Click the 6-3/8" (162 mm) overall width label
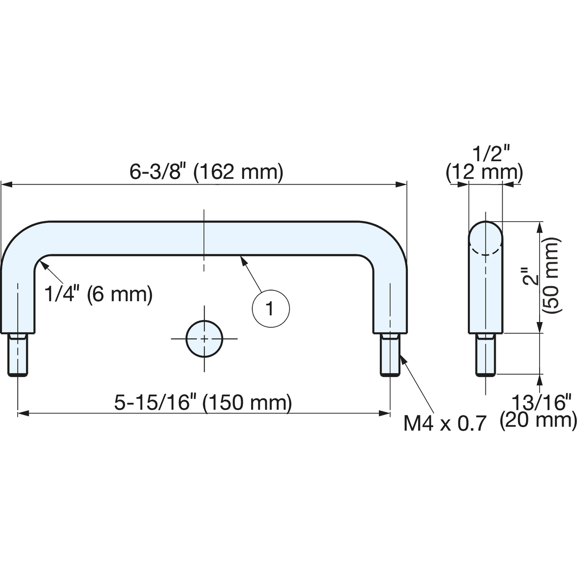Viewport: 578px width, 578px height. pos(206,172)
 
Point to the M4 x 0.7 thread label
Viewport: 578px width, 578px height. pos(444,424)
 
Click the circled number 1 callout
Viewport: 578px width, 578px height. pos(271,309)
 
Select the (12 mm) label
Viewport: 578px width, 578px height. pos(485,172)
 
